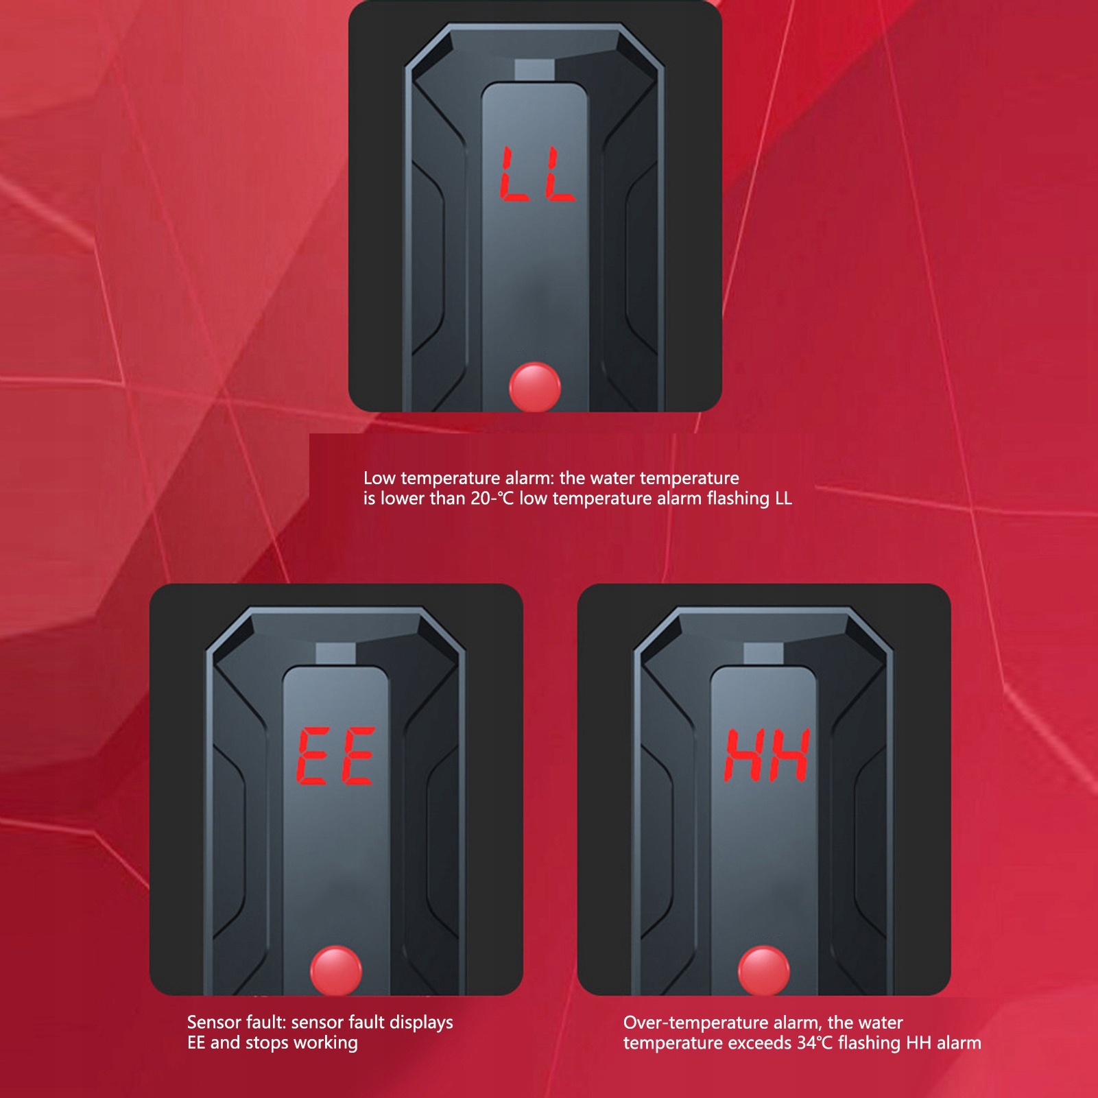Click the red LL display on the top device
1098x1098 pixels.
[537, 174]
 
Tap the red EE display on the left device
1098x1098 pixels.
[336, 756]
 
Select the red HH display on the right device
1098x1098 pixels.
[767, 755]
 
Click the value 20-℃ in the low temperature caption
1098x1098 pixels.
[492, 499]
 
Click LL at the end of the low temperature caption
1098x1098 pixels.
[783, 499]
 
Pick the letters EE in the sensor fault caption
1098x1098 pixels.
[196, 1043]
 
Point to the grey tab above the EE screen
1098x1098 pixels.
[335, 654]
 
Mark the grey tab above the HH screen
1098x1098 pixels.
[763, 654]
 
